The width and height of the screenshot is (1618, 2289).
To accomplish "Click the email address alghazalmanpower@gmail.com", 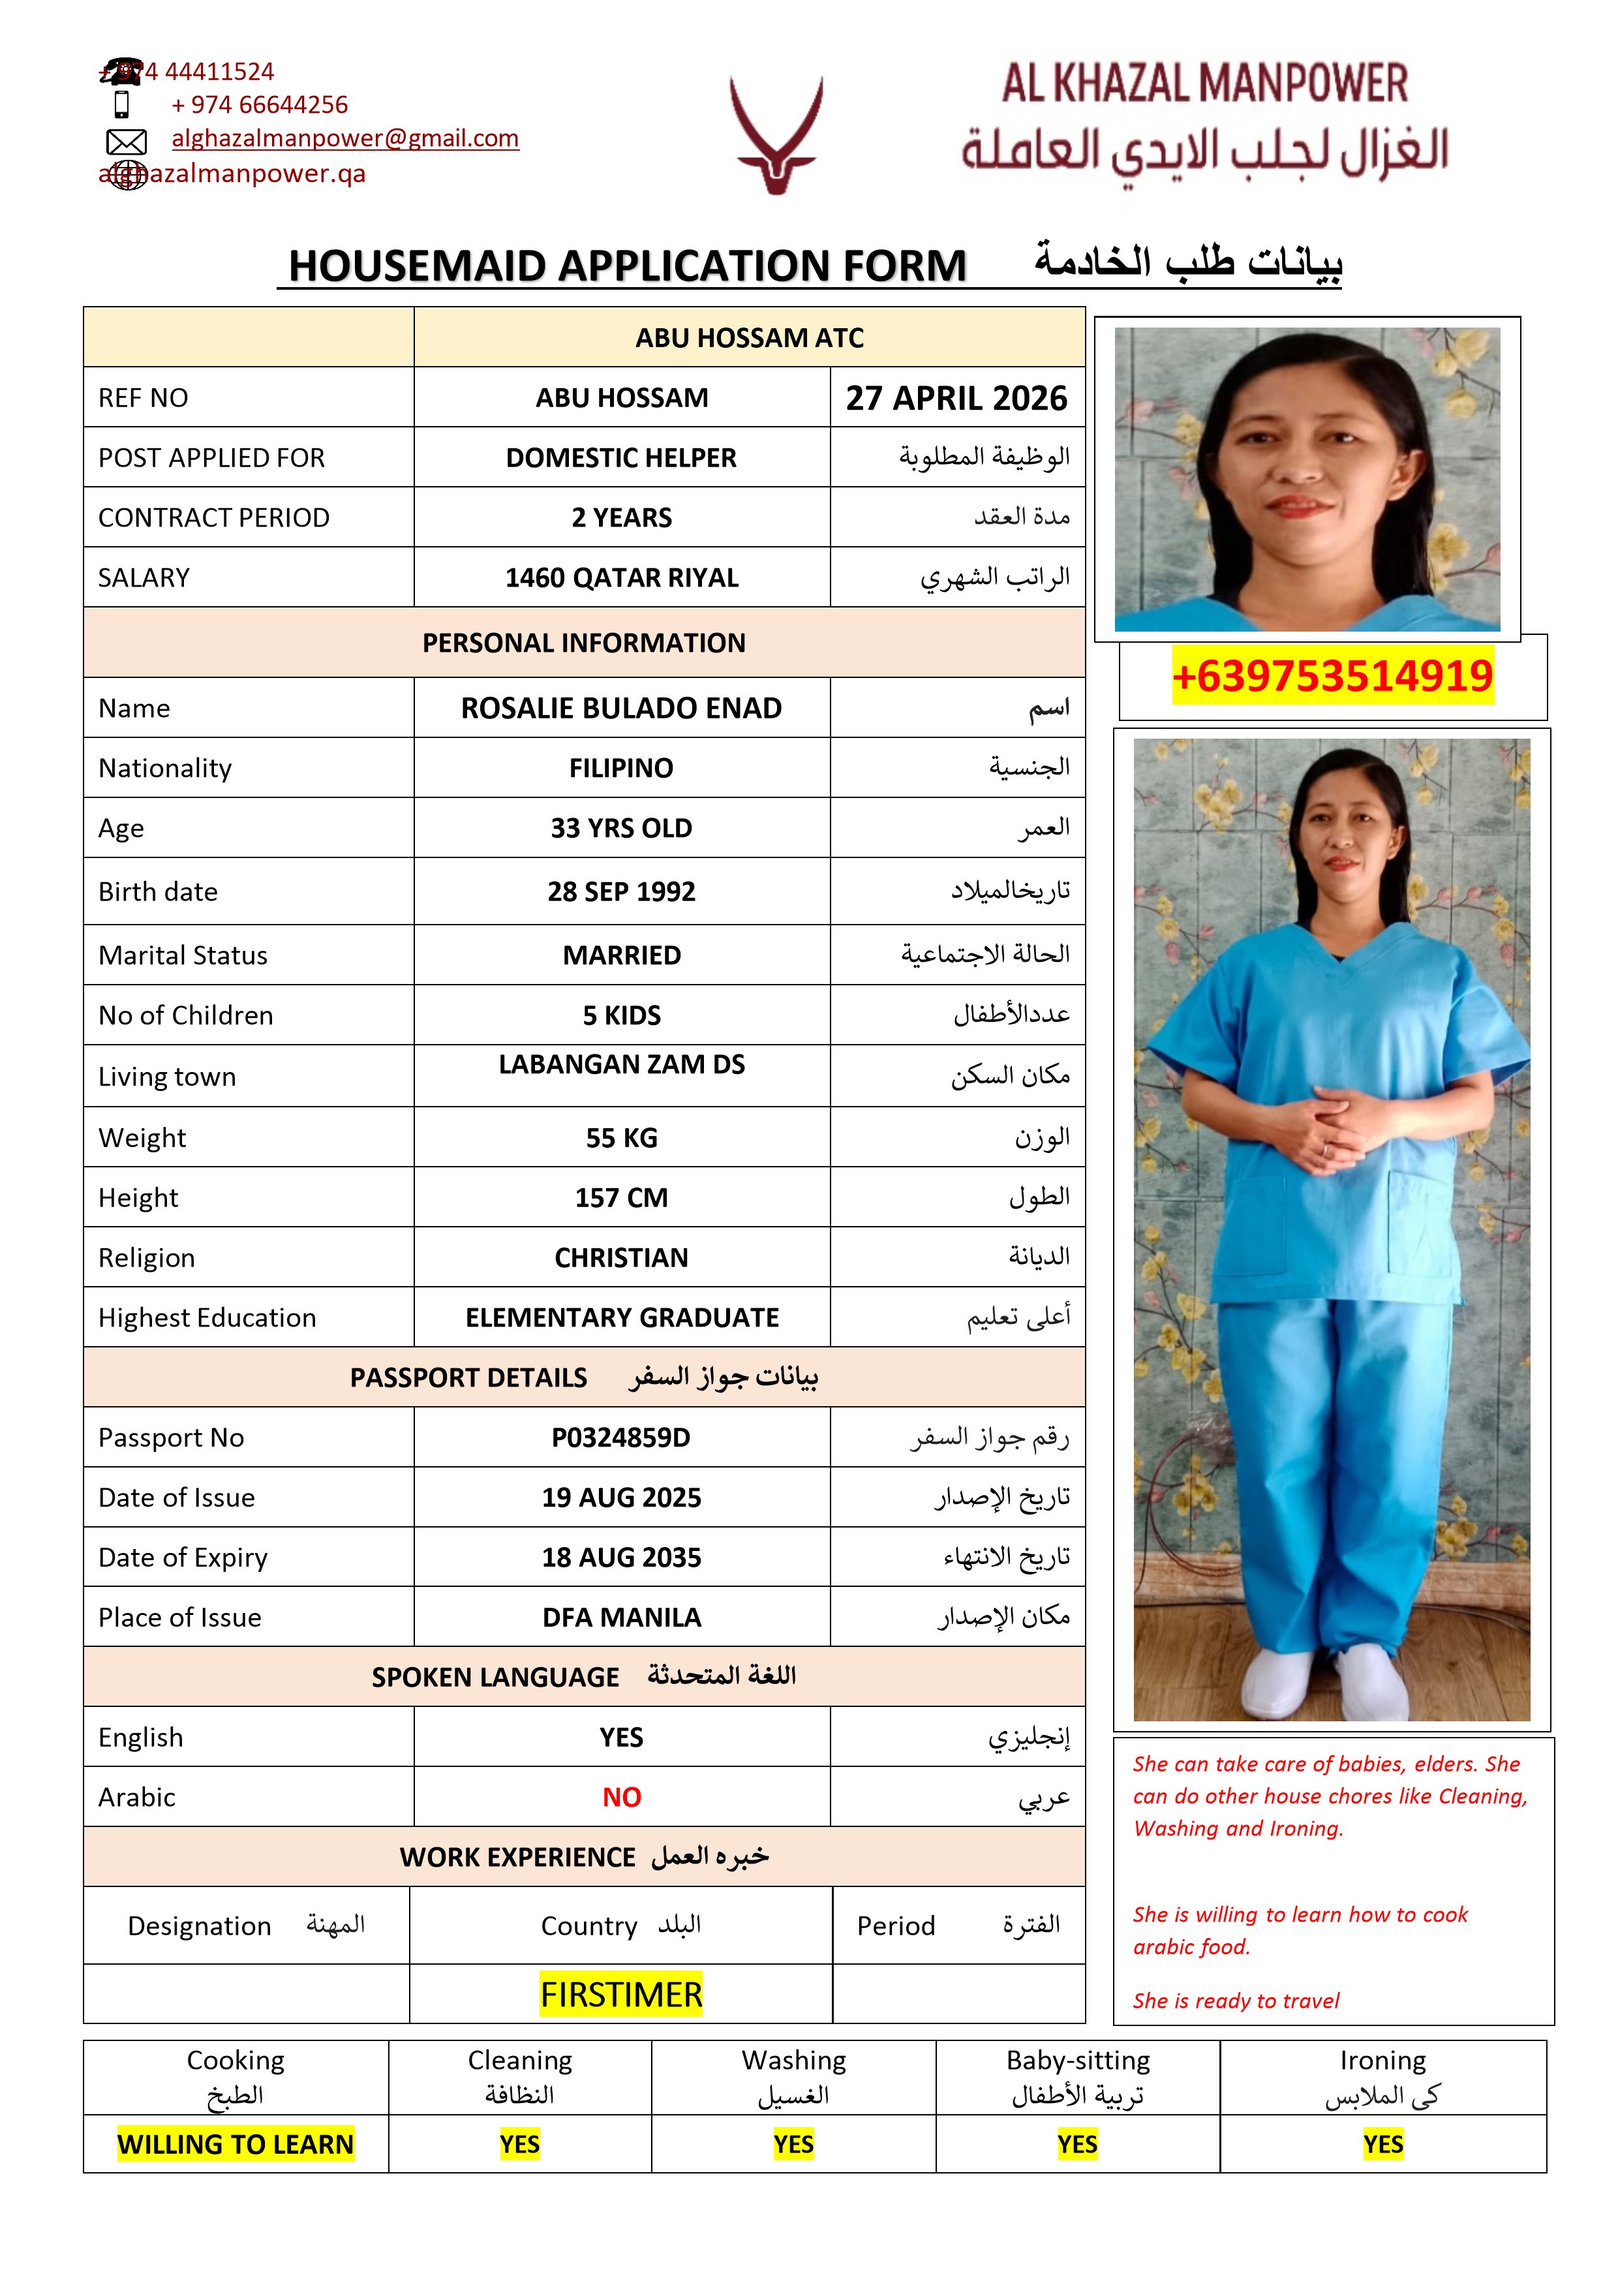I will (x=345, y=138).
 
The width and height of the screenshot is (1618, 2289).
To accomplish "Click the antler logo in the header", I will (x=776, y=134).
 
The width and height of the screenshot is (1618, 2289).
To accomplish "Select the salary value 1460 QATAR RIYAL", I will (x=621, y=578).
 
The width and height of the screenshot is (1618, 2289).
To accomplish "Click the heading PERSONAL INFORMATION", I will (x=583, y=643).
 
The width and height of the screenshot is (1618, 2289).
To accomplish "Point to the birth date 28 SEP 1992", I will (x=621, y=891).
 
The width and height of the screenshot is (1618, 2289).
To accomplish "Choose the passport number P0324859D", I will (x=621, y=1437).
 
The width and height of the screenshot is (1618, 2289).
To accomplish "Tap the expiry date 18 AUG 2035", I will (x=621, y=1558).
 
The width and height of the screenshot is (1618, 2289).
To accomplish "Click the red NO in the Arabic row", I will (x=621, y=1798).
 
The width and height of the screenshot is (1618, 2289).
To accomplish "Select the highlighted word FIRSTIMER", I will (x=621, y=1995).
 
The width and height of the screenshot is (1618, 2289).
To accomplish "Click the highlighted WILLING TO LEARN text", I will (x=236, y=2144).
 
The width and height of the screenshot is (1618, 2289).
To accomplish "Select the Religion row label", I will (x=147, y=1258).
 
